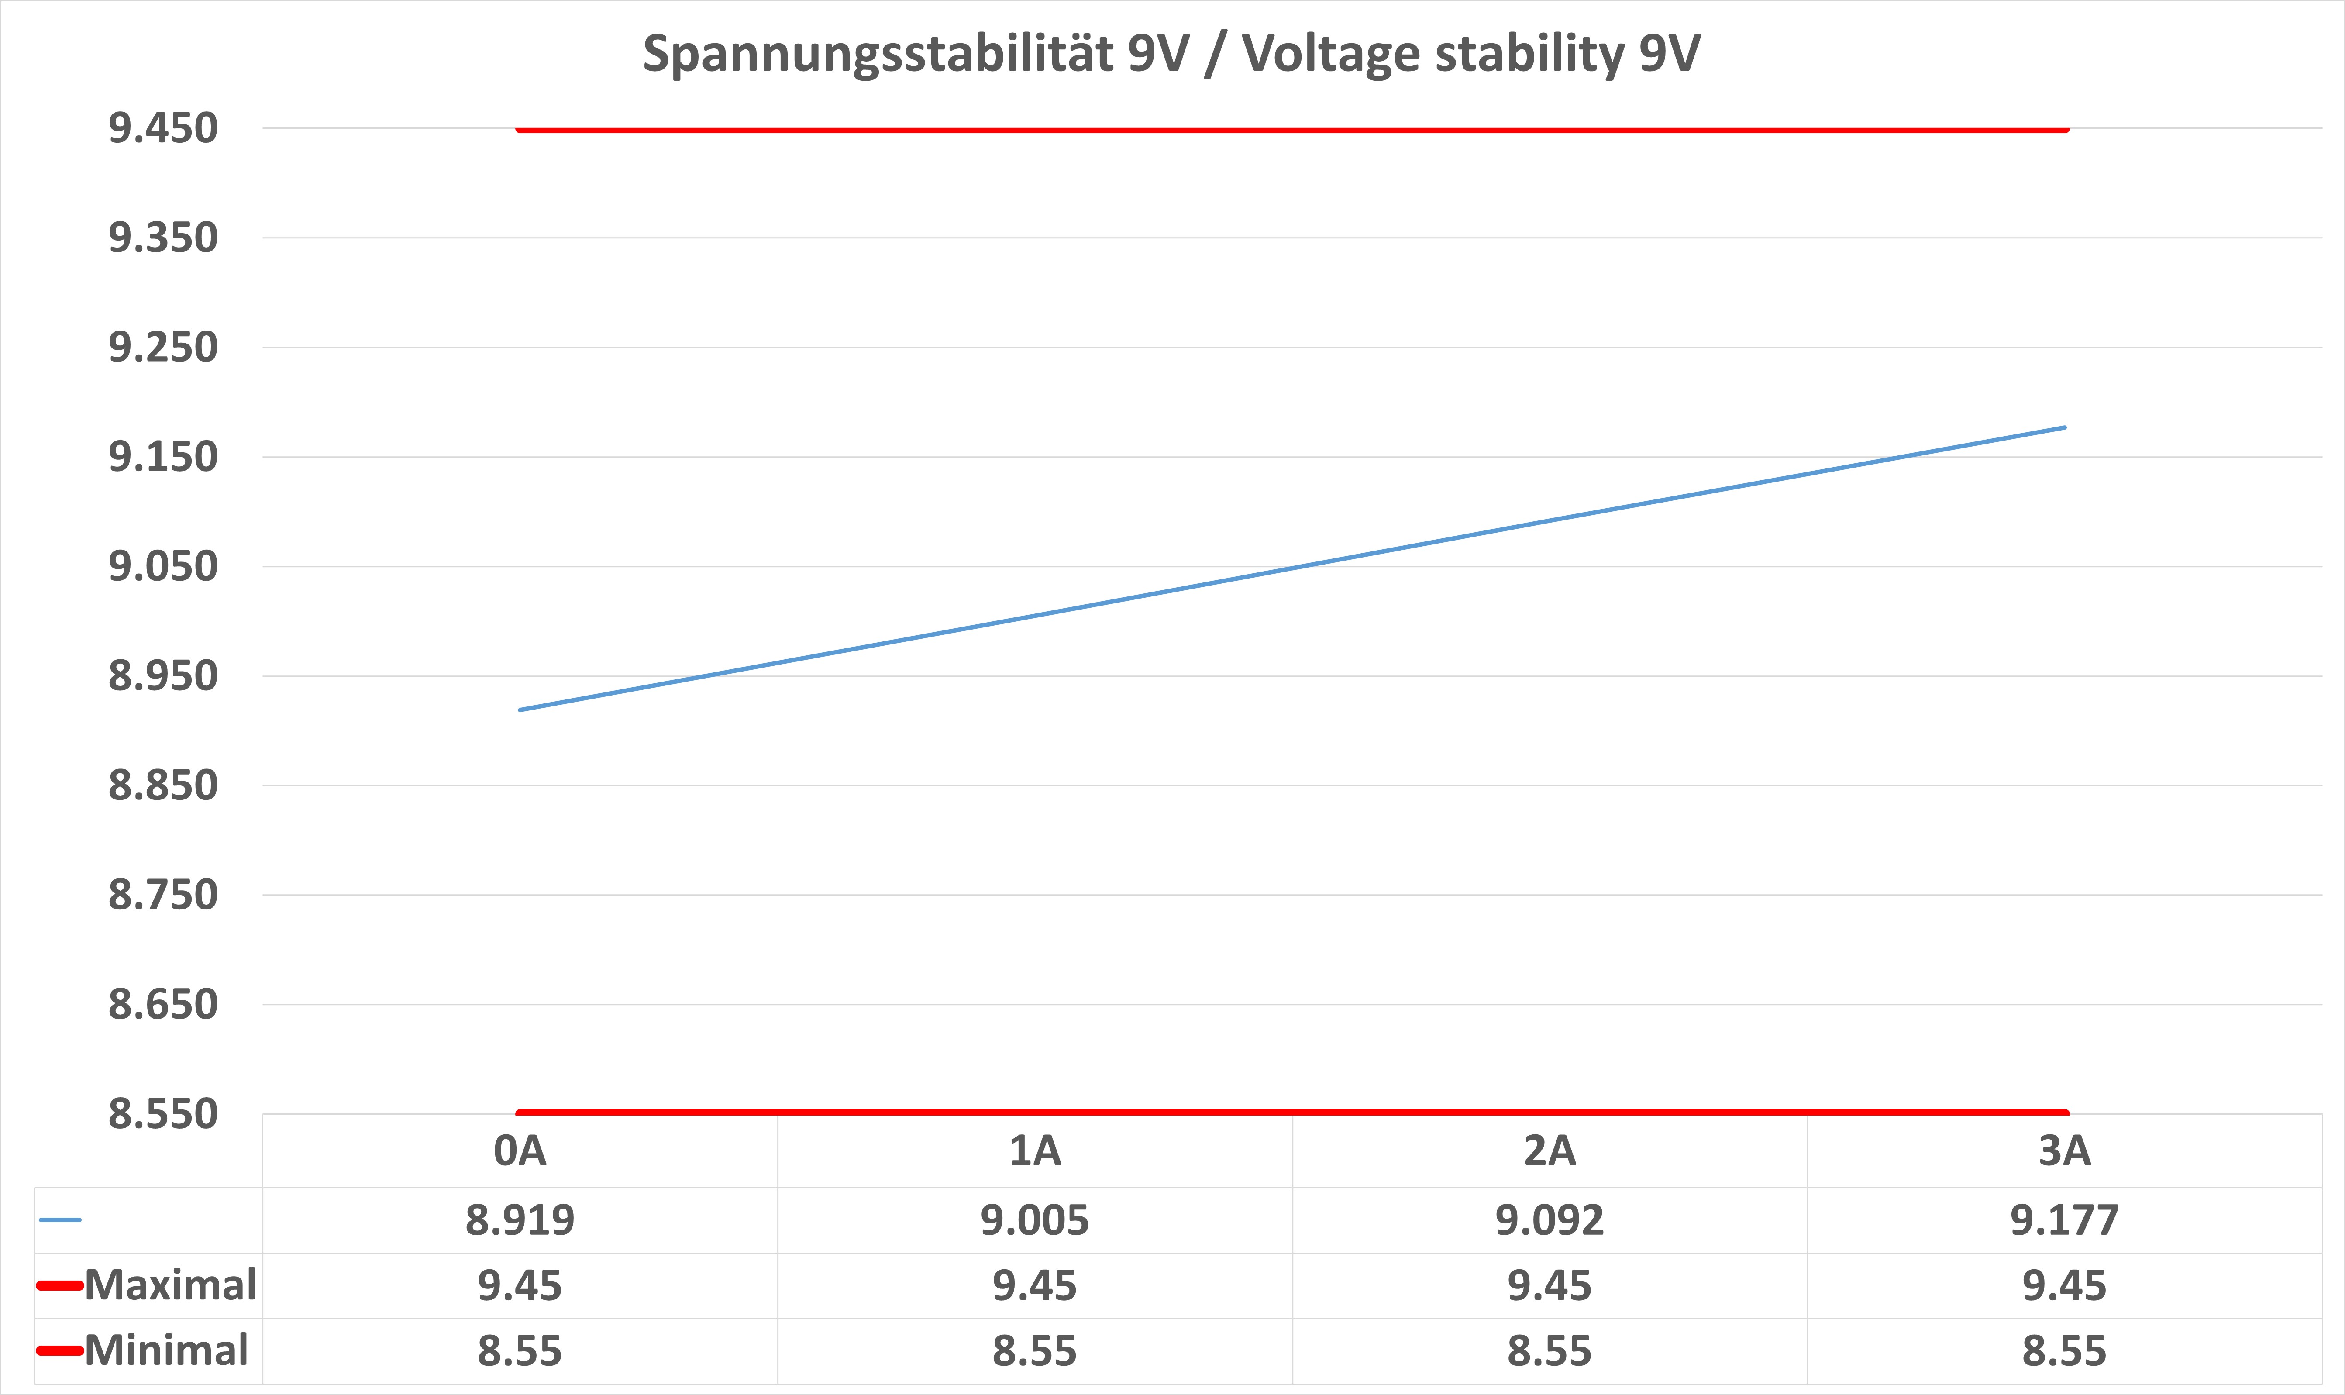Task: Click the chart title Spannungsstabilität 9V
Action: [1171, 54]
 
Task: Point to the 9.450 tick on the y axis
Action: [162, 128]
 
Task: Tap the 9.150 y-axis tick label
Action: [162, 457]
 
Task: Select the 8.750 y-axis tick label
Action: [162, 895]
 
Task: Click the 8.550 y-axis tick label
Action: [162, 1114]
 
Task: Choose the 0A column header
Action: [520, 1150]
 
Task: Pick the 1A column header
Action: [1035, 1150]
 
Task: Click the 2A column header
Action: [1550, 1150]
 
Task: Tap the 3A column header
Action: [2065, 1150]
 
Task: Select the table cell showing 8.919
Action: [520, 1220]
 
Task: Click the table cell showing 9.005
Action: [1035, 1220]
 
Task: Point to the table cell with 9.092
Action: [1550, 1220]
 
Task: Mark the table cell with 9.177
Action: [2065, 1220]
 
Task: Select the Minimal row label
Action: [166, 1351]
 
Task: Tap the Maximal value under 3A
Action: [2065, 1285]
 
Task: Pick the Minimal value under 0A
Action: [520, 1351]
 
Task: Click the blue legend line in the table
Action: [60, 1220]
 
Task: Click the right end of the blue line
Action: [2064, 428]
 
